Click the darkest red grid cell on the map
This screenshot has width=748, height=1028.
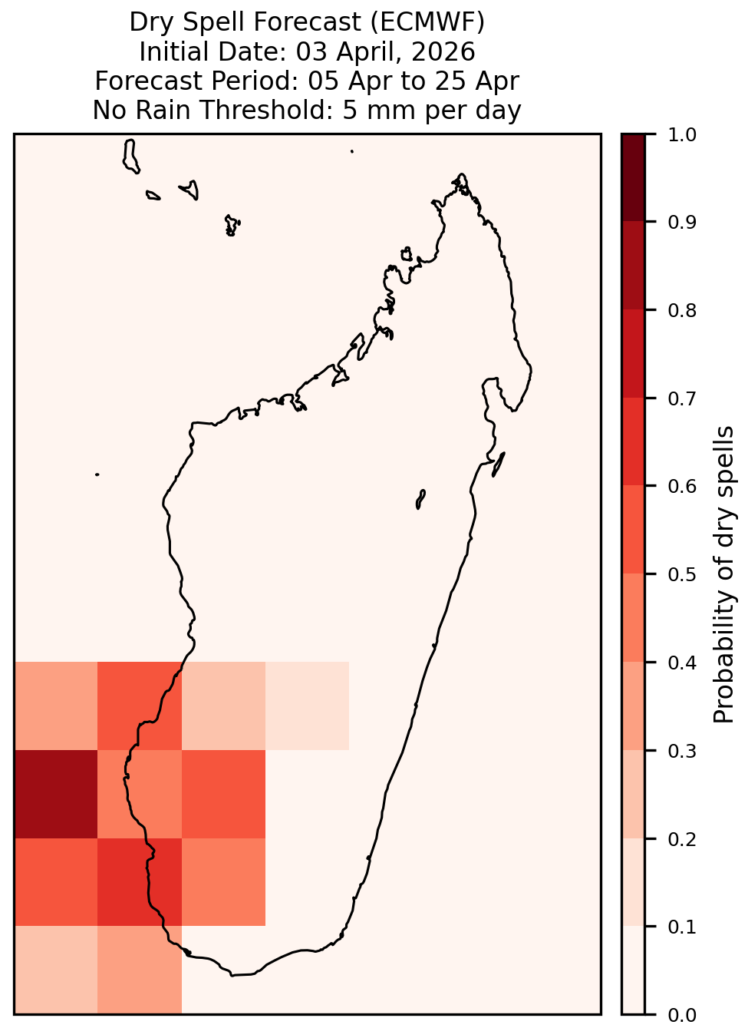(x=56, y=795)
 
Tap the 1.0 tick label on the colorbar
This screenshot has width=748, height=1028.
(x=682, y=135)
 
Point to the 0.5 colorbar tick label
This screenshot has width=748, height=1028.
(x=682, y=574)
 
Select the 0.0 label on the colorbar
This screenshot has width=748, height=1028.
(x=682, y=1015)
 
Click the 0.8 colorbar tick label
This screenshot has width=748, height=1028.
(x=682, y=311)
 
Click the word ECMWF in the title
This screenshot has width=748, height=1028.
(x=427, y=22)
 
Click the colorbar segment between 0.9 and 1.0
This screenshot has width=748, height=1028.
(x=633, y=178)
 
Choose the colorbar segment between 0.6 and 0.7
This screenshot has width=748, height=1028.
(x=633, y=441)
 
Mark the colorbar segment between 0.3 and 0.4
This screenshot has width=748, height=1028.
(x=633, y=706)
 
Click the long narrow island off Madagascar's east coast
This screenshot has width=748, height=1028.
(x=499, y=464)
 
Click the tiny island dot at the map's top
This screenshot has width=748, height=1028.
(x=352, y=151)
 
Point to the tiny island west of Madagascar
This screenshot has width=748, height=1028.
(x=97, y=474)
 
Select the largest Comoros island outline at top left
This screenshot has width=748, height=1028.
(x=130, y=157)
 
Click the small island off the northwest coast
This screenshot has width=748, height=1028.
(x=407, y=254)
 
